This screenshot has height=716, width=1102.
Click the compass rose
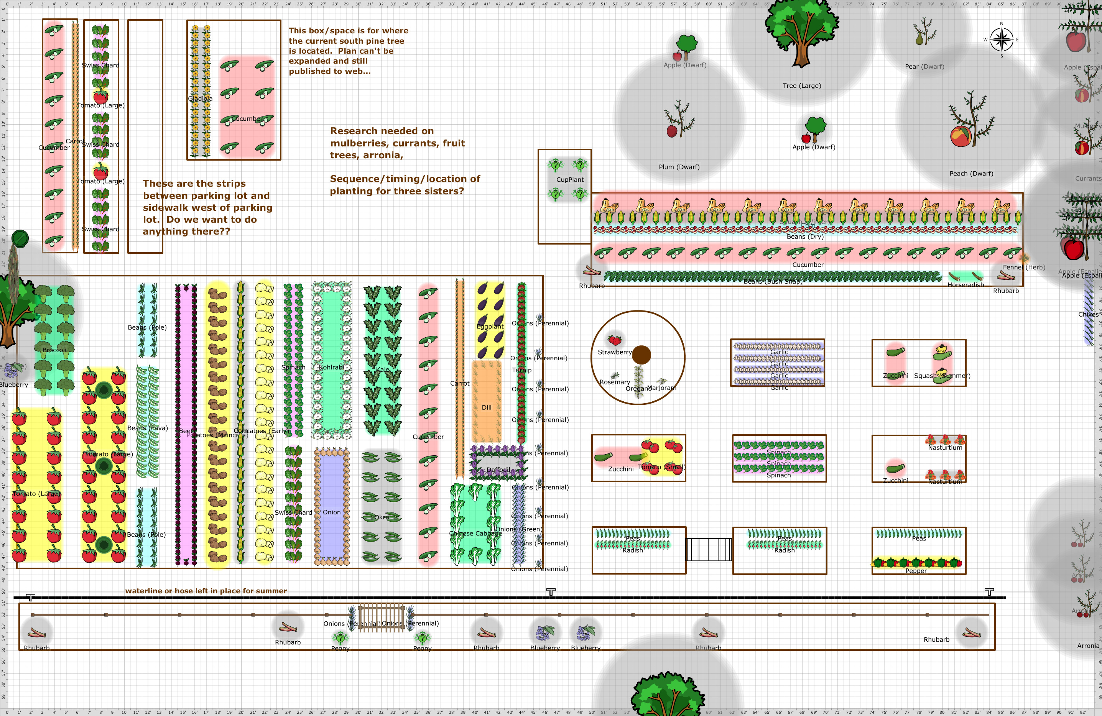click(1001, 39)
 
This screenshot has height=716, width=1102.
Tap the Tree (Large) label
click(801, 85)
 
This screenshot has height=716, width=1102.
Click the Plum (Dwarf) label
click(679, 167)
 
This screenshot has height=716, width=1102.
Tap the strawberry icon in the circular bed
click(614, 340)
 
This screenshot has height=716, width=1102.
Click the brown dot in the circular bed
click(641, 355)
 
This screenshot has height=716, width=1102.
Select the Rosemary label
click(614, 382)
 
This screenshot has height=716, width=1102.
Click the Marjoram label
click(661, 388)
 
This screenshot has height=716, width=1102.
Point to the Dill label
click(486, 407)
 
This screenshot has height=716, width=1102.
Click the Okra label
click(382, 517)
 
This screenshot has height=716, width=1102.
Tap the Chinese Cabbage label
click(475, 533)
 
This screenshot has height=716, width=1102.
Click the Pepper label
click(916, 571)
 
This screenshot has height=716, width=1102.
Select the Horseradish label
click(965, 285)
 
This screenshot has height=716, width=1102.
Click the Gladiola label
click(200, 99)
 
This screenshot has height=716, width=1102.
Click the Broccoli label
click(54, 350)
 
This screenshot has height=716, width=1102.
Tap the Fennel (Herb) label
click(1023, 267)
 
